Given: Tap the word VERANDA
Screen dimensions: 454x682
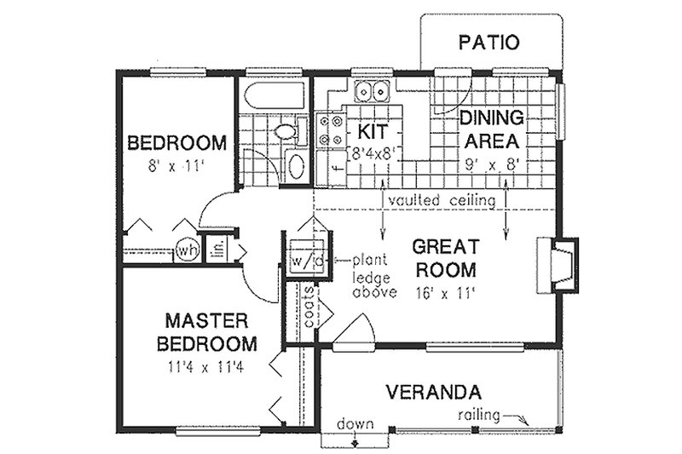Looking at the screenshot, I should click(434, 393).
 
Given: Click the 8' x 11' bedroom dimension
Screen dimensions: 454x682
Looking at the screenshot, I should click(177, 166).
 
